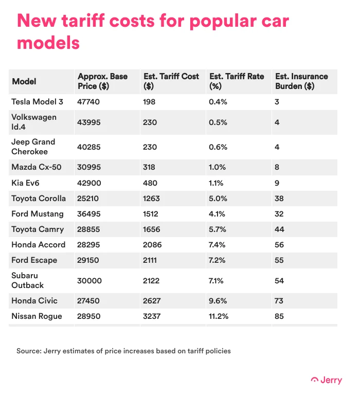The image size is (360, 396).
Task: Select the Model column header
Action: [24, 81]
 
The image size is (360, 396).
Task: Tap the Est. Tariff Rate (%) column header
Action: [237, 81]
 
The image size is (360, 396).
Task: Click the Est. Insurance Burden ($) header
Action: [301, 81]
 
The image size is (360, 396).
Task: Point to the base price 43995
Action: [88, 122]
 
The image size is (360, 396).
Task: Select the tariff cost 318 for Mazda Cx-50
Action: [149, 167]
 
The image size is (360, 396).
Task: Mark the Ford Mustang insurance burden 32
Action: [279, 213]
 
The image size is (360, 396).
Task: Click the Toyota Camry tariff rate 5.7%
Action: [218, 229]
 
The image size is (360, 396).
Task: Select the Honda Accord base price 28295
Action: [88, 244]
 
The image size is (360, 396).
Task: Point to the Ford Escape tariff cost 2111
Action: [151, 260]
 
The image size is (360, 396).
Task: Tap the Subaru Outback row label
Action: [28, 280]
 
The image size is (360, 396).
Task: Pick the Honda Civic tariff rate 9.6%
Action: [218, 300]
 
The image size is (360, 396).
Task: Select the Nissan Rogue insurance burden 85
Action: [279, 316]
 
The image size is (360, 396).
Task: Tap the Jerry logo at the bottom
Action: [326, 381]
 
